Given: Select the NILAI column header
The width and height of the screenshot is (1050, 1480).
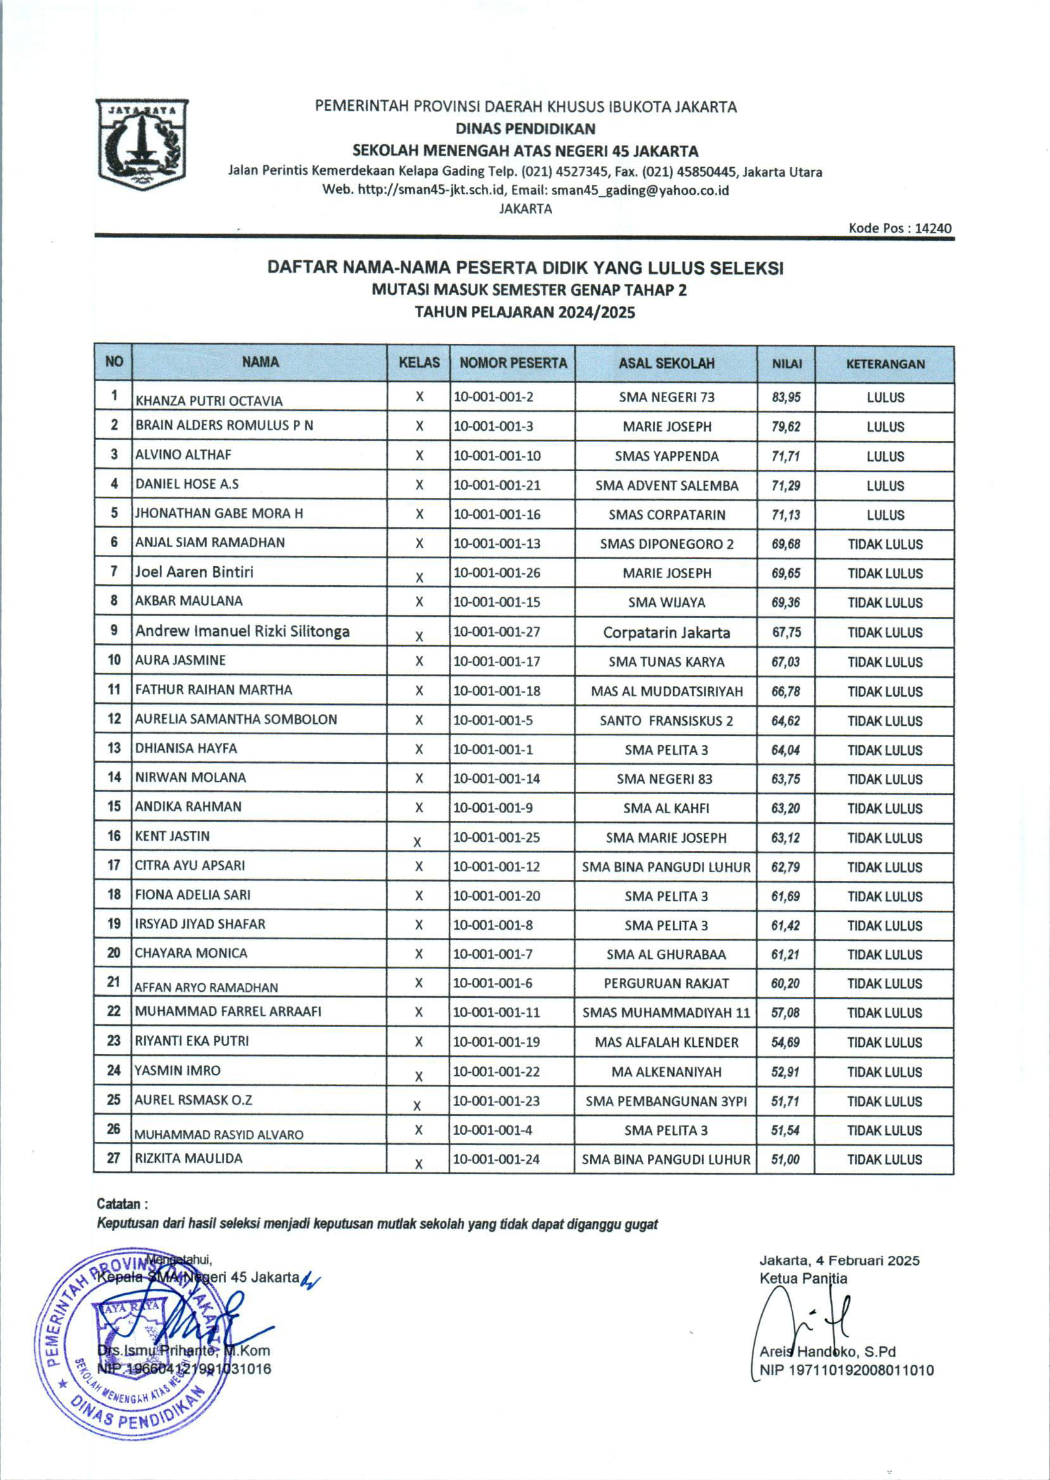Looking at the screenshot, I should click(786, 364).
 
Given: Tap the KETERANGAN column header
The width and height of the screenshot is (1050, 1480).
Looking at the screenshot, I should click(885, 364).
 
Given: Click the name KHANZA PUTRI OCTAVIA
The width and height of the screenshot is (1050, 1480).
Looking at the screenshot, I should click(209, 401).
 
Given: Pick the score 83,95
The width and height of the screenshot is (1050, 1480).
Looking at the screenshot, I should click(786, 397).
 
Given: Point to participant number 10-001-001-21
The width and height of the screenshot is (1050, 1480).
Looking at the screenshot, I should click(497, 485).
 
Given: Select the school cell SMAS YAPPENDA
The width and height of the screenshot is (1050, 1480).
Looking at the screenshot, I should click(666, 456).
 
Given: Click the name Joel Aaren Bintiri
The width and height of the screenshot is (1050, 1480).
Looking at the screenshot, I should click(194, 572).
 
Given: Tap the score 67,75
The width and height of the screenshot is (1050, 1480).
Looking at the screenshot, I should click(786, 631).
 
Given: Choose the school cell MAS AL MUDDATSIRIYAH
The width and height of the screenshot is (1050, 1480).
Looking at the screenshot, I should click(666, 691).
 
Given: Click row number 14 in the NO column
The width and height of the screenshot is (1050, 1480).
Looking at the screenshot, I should click(114, 777).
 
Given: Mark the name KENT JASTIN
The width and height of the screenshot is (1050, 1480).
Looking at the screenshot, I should click(172, 836).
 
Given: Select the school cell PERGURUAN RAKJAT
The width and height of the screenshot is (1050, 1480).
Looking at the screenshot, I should click(666, 984).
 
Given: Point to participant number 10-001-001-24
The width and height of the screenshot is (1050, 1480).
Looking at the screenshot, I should click(496, 1159).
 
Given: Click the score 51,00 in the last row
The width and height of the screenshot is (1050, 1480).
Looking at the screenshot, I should click(785, 1160).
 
